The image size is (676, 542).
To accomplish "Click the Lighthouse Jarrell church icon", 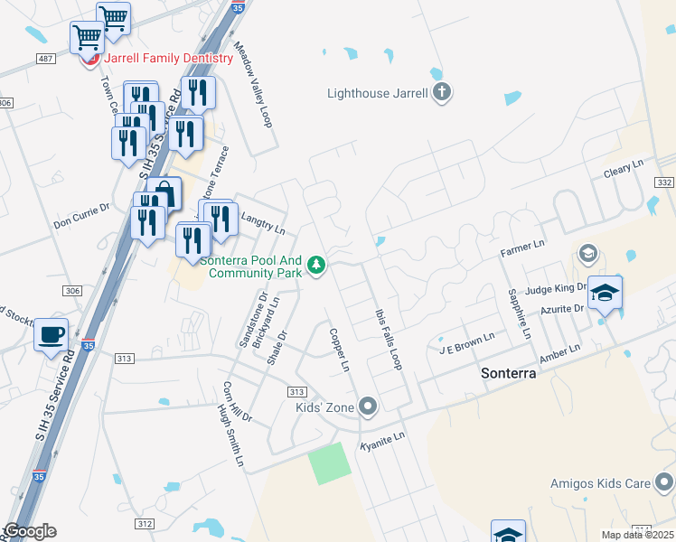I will pos(442,93).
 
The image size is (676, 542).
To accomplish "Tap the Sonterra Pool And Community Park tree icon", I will pos(316,265).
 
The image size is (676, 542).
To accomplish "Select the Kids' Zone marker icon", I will pos(367,406).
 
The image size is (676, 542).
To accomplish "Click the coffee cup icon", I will pos(51,335).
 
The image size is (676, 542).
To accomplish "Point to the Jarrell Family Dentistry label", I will pos(169,58).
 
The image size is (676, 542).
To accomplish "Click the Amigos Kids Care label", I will pos(600,483).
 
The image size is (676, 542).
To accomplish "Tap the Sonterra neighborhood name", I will pos(509,372).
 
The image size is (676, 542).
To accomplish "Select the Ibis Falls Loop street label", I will pos(388,334).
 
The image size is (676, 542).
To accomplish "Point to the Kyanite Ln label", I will pos(381,441).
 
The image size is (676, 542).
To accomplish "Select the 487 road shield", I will pos(45,59).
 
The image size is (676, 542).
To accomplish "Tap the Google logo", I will pos(30,531).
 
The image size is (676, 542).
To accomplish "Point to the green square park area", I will pos(329,464).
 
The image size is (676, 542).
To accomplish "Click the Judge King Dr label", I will pos(557,289).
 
